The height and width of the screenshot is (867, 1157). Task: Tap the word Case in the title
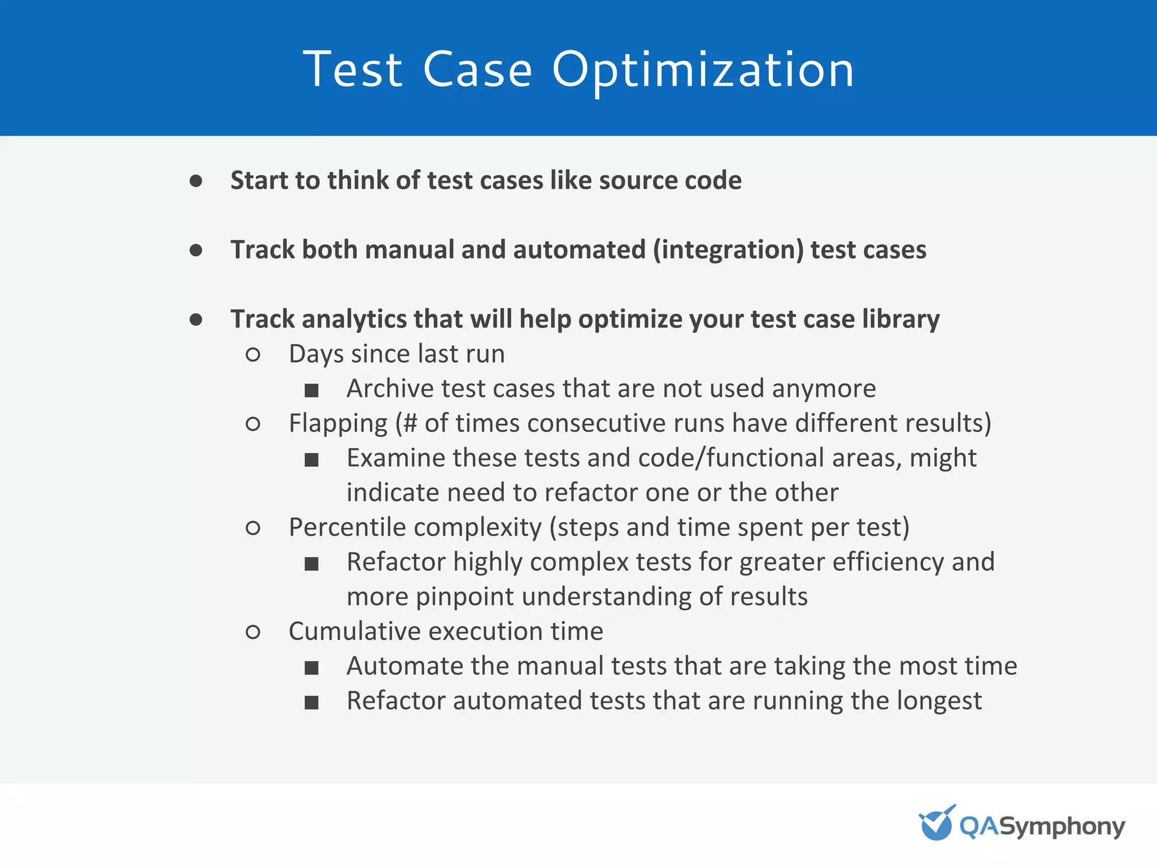(477, 70)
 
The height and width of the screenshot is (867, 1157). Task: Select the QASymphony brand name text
(1042, 826)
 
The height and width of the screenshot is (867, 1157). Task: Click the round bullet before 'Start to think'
(196, 181)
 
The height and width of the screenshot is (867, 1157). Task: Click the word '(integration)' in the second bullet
(728, 250)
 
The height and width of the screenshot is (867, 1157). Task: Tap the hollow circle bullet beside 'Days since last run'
(253, 355)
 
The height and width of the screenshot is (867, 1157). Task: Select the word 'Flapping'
(338, 423)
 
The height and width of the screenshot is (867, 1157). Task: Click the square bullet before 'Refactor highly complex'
(311, 563)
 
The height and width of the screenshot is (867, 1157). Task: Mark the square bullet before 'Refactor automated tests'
(311, 702)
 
